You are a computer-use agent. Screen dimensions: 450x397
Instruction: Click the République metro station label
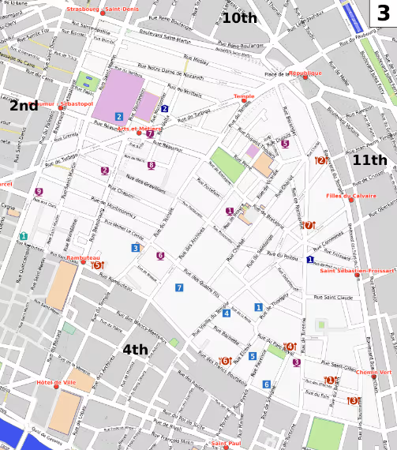pos(305,73)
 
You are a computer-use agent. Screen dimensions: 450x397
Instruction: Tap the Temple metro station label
pos(243,96)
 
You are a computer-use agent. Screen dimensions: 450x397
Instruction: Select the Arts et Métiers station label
pos(140,128)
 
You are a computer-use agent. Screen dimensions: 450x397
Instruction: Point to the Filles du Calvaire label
pos(351,196)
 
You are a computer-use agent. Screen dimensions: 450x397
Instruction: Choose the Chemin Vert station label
pos(374,372)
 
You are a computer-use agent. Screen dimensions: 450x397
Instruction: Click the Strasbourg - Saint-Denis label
pos(103,9)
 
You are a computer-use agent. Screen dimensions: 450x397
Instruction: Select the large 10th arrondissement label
pos(239,17)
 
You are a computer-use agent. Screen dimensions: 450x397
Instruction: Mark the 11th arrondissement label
pos(369,159)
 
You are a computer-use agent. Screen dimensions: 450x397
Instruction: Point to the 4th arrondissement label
pos(135,349)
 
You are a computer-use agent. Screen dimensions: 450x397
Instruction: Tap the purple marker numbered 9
pos(39,192)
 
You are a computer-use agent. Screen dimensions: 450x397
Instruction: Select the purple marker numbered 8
pos(152,165)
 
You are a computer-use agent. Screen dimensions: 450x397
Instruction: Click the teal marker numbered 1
pos(24,236)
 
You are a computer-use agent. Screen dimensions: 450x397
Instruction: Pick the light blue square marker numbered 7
pos(179,287)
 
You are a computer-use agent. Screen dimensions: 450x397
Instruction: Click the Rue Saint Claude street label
pos(333,298)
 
